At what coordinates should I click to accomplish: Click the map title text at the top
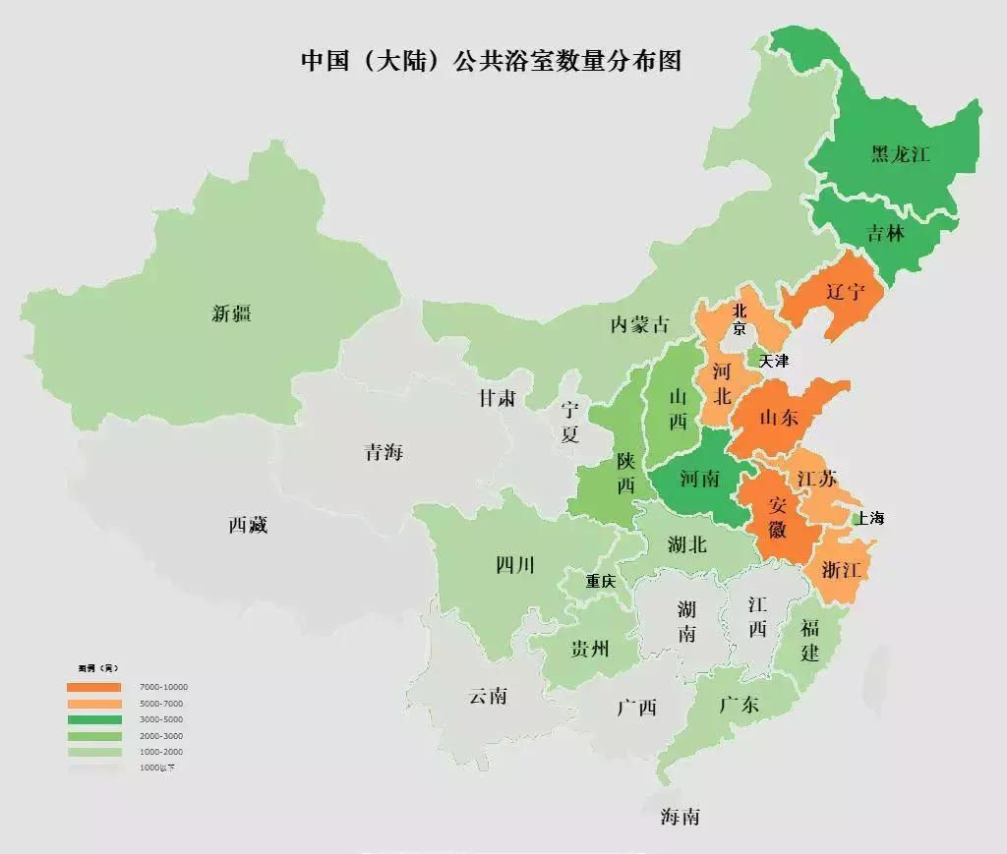(491, 61)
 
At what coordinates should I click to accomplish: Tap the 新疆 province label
(231, 313)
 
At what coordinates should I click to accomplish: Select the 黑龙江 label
(900, 154)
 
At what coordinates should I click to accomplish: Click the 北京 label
(740, 320)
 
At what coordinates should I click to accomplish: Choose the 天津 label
(774, 361)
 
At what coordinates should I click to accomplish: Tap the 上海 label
(871, 518)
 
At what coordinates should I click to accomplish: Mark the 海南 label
(680, 816)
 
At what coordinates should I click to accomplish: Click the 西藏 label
(248, 525)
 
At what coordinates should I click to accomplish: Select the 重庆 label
(601, 581)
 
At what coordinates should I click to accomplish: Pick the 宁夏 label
(570, 422)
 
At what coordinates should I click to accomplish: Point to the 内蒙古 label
(639, 324)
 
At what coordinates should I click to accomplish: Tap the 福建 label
(809, 641)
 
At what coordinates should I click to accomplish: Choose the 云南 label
(488, 696)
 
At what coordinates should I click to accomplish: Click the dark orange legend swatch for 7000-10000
(94, 687)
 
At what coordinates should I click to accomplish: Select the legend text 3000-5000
(161, 719)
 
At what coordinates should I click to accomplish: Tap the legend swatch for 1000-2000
(94, 752)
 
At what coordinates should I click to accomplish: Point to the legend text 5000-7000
(161, 704)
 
